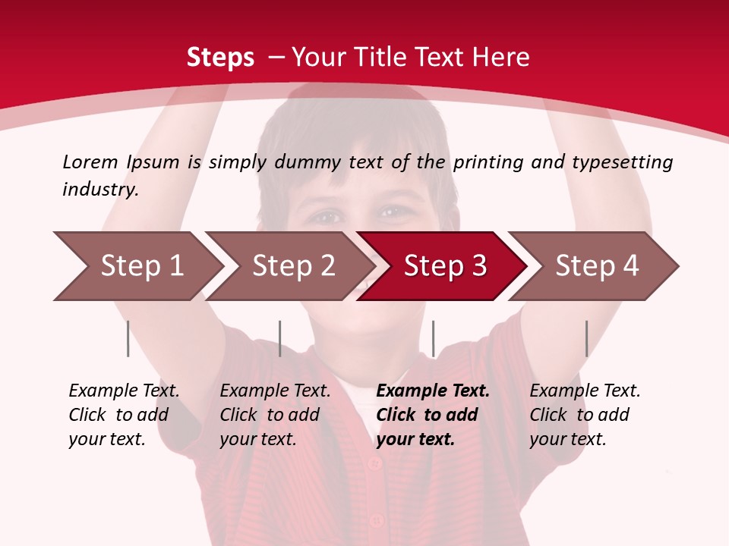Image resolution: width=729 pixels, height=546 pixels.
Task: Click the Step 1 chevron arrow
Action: click(x=140, y=266)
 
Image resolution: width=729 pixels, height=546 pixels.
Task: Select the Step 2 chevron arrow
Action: click(x=292, y=266)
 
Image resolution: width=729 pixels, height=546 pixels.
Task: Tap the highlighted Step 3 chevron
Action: click(x=444, y=266)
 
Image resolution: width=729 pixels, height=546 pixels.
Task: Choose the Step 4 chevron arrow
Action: click(x=596, y=266)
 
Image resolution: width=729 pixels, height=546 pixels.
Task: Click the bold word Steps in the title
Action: click(x=220, y=57)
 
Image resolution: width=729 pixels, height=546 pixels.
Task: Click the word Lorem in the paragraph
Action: click(x=90, y=162)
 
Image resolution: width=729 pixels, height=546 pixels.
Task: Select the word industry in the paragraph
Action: click(x=99, y=190)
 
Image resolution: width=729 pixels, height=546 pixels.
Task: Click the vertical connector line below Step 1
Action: click(x=128, y=338)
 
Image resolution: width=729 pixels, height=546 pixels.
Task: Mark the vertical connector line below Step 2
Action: click(x=280, y=338)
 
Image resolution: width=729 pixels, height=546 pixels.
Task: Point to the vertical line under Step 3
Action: click(x=433, y=338)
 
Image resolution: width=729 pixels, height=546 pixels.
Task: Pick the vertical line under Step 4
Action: click(x=586, y=338)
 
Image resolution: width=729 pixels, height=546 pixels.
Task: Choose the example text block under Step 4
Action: click(x=585, y=415)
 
